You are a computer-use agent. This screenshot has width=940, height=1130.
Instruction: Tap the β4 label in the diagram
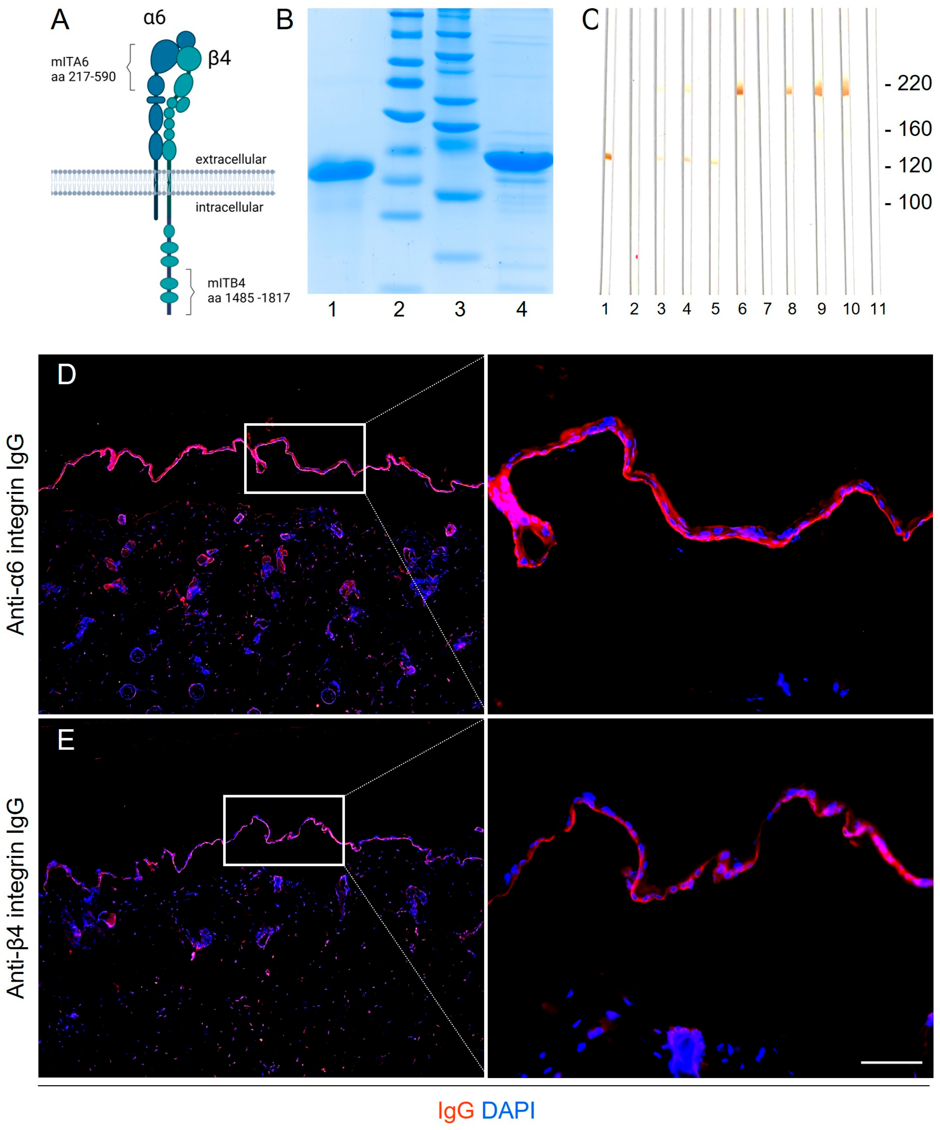coord(219,58)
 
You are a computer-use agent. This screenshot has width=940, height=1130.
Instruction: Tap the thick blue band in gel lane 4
coord(519,160)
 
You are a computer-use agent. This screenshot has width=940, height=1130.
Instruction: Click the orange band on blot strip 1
coord(608,157)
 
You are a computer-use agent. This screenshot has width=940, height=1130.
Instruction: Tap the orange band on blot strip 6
coord(740,89)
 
